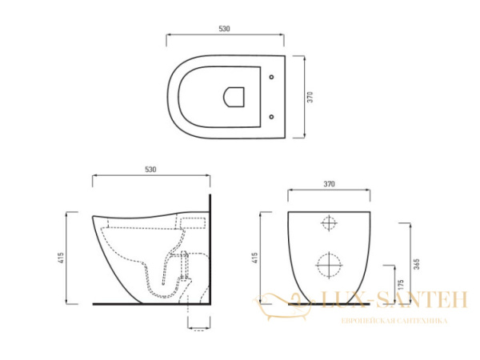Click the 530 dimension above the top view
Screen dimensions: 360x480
[x=224, y=29]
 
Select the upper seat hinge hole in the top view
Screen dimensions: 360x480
[x=272, y=78]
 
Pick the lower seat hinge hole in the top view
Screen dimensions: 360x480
[x=272, y=117]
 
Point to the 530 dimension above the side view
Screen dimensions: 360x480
[x=150, y=170]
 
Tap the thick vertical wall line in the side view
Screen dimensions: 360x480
[x=210, y=248]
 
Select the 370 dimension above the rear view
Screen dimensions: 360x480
[x=328, y=184]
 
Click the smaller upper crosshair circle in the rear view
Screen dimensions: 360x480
[x=329, y=222]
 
